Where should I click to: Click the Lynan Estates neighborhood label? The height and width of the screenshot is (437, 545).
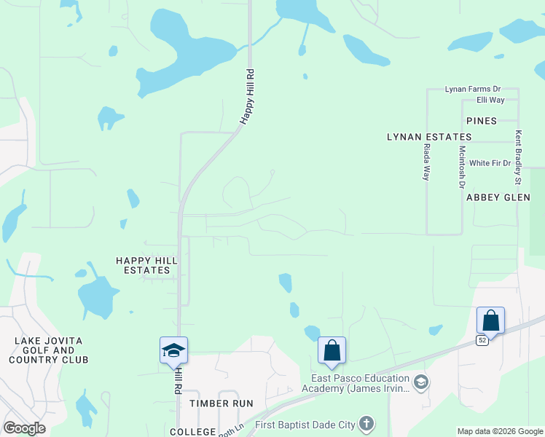(x=429, y=137)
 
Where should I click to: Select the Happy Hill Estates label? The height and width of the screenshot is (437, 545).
(x=146, y=265)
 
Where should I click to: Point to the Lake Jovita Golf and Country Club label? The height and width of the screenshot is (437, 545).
(x=48, y=350)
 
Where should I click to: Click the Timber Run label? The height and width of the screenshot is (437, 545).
(x=221, y=403)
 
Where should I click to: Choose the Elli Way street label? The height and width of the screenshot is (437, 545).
(x=490, y=100)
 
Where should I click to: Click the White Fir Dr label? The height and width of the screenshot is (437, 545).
(x=490, y=163)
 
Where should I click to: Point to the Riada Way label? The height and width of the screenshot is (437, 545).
(x=427, y=161)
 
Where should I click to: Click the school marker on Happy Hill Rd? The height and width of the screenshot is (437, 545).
(x=174, y=350)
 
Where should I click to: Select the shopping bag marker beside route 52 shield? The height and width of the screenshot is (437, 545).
(x=490, y=320)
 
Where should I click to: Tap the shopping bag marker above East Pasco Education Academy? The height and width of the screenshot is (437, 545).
(x=332, y=350)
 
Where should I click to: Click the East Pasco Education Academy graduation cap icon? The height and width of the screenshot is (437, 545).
(x=420, y=382)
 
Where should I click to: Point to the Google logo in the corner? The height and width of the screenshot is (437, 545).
(x=24, y=428)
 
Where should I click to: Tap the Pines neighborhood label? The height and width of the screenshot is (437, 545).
(x=481, y=121)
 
